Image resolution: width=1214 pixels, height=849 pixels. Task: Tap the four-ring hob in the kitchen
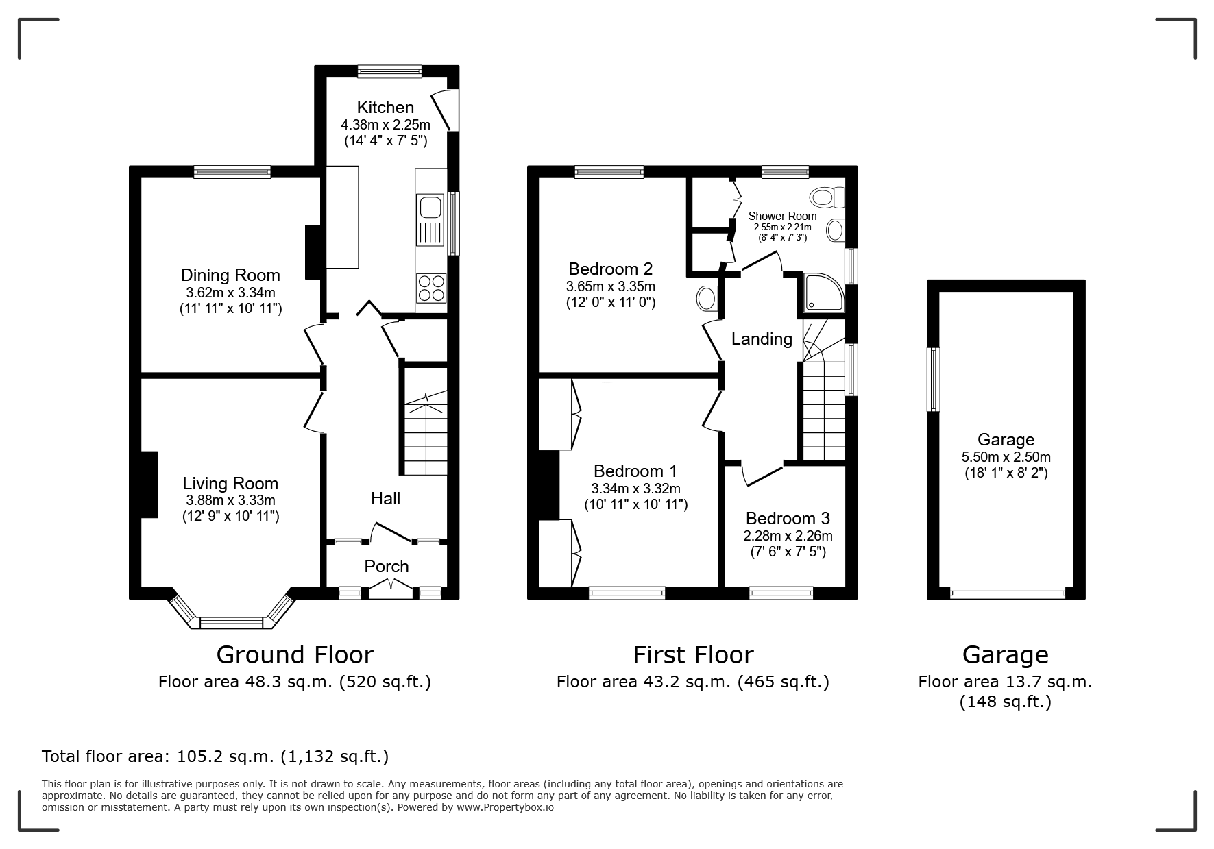(431, 288)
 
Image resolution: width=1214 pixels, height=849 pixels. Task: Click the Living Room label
(230, 483)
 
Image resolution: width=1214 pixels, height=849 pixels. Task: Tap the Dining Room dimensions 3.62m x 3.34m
(230, 293)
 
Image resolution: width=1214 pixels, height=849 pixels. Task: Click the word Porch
(387, 566)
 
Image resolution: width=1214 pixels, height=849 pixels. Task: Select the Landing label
(762, 339)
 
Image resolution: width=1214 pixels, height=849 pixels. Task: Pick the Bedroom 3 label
(788, 518)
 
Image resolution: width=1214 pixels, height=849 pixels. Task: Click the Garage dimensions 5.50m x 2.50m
(1006, 457)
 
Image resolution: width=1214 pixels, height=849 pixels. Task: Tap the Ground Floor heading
(295, 655)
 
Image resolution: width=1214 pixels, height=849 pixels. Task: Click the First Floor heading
(693, 655)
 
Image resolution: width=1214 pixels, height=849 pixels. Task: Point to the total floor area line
(215, 756)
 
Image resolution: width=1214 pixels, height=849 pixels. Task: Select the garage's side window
(933, 379)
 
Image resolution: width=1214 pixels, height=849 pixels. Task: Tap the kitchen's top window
(389, 71)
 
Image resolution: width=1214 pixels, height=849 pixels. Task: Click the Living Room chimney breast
(149, 484)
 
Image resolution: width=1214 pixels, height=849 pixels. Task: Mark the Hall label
(385, 498)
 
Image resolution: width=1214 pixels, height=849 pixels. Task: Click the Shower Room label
(782, 216)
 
